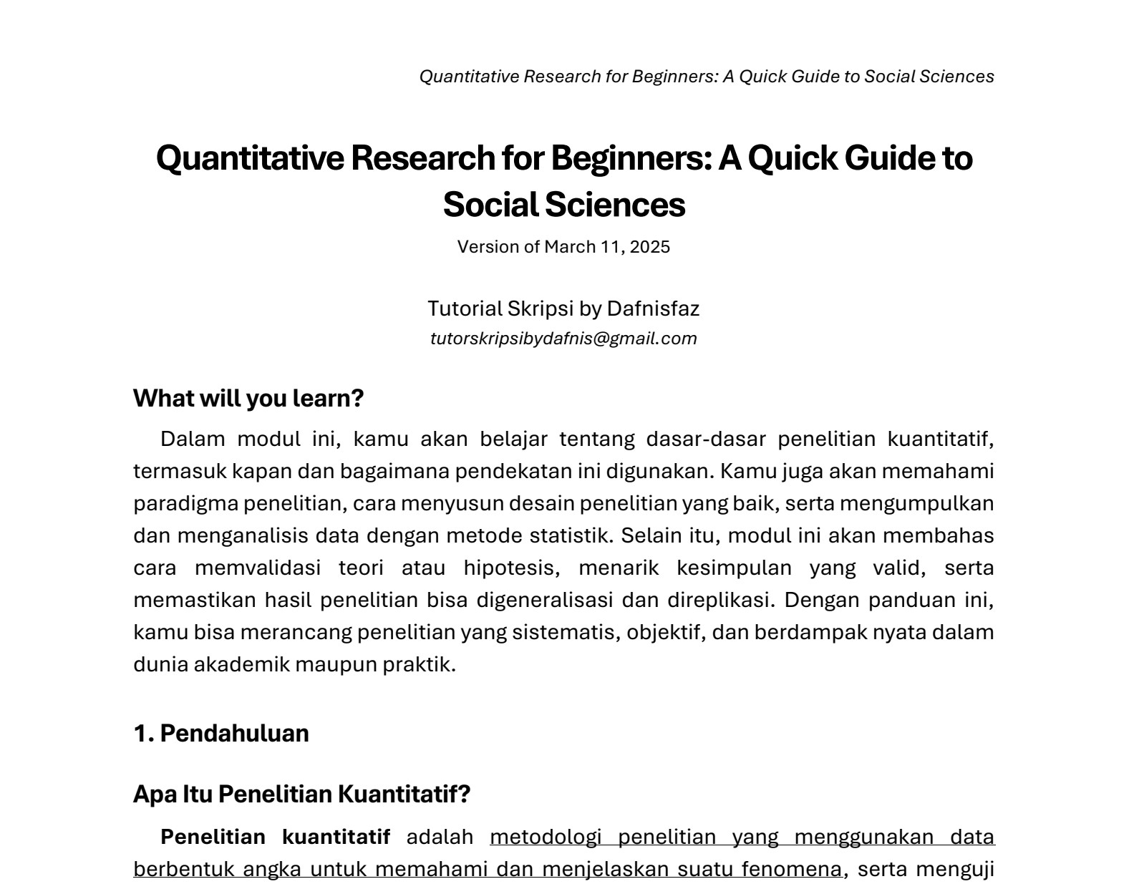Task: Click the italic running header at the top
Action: [x=706, y=77]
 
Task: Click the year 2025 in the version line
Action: [x=651, y=247]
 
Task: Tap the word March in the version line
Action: [x=569, y=247]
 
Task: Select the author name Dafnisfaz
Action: [x=653, y=309]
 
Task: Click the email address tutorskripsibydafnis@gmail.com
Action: [x=563, y=339]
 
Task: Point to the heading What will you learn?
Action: [x=248, y=398]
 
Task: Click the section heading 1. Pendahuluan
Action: [x=221, y=733]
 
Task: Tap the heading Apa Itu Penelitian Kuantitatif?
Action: [x=301, y=794]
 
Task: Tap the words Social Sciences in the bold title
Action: [x=563, y=205]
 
